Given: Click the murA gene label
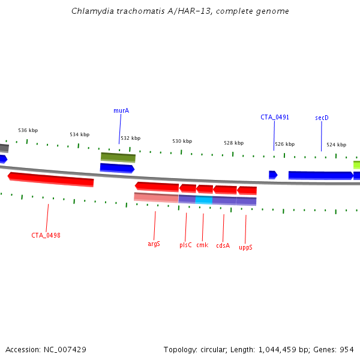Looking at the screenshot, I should (121, 110).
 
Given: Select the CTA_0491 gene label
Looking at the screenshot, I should (275, 117).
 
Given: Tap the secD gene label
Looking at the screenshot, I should (322, 118).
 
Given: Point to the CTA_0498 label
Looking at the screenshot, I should (46, 235).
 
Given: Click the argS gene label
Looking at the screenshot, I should (154, 244).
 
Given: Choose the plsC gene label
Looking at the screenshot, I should (185, 245).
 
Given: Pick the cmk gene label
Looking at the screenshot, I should (202, 245).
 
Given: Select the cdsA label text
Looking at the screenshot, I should (223, 245).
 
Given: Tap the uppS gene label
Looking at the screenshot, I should (245, 247).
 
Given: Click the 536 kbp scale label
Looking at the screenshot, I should (28, 130).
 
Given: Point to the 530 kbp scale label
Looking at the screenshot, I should (182, 141).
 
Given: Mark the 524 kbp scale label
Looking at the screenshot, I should (336, 145).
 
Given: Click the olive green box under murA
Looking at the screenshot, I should (118, 157).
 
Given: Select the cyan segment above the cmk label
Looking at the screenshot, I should (204, 200).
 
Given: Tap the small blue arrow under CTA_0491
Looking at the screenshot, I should (273, 175).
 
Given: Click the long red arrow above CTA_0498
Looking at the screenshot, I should (51, 179).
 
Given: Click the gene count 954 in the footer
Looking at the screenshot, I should (348, 349).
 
